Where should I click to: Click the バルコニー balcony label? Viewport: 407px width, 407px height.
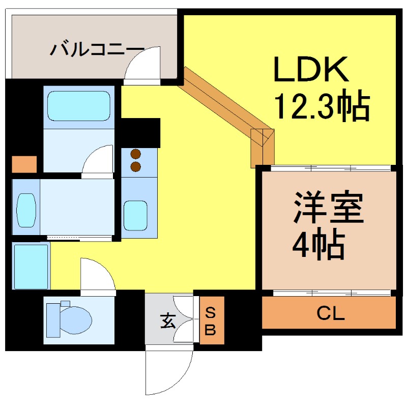point(97,49)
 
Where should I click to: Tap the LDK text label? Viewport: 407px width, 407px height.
point(311,69)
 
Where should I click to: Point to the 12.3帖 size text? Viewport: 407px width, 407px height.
point(322,105)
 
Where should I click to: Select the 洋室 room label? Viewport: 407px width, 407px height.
point(328,208)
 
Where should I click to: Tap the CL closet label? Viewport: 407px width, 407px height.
point(330,313)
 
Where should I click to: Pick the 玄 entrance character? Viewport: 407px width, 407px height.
point(168,321)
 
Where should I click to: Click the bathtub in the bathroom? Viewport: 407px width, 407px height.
point(79,106)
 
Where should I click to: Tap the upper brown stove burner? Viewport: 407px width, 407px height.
point(136,154)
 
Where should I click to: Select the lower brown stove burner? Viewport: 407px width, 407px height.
point(136,167)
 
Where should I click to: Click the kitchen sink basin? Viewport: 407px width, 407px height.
point(135,215)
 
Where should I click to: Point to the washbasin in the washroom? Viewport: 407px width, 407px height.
point(26,210)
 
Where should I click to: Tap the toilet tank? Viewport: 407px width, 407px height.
point(53,321)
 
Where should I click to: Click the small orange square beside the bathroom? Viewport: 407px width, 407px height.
point(24,164)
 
